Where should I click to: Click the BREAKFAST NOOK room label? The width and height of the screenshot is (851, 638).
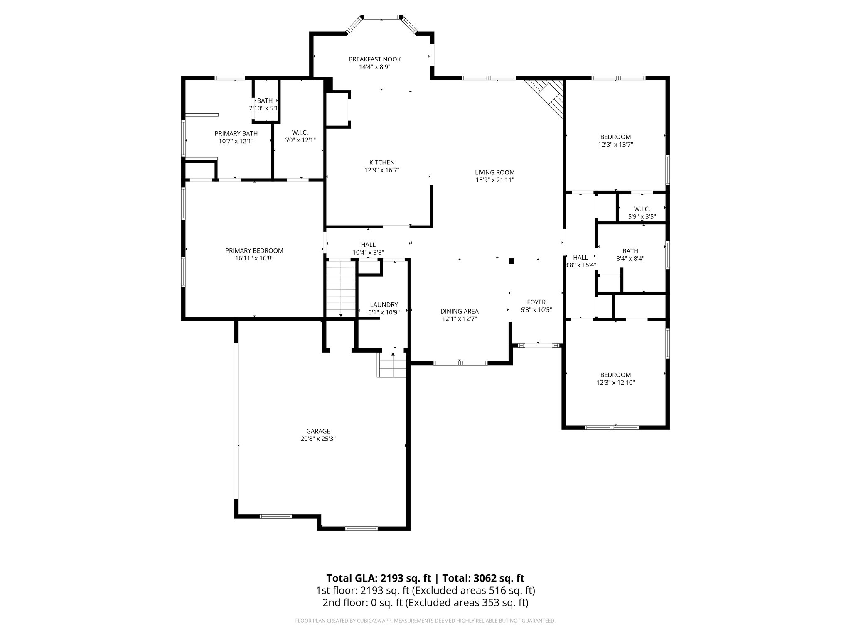click(374, 59)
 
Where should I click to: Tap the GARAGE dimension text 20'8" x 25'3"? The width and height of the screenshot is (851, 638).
click(318, 439)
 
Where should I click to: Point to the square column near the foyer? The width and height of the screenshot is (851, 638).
click(512, 261)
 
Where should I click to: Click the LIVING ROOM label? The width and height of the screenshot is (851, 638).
click(495, 172)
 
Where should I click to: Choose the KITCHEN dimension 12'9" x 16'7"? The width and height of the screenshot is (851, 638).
click(382, 170)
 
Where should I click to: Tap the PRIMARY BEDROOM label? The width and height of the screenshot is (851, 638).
click(254, 250)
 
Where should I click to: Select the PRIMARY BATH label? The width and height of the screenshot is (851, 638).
click(236, 133)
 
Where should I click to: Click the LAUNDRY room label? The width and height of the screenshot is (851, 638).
click(384, 304)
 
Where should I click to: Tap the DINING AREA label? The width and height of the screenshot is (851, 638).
click(460, 311)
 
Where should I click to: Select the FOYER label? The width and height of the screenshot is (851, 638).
click(536, 302)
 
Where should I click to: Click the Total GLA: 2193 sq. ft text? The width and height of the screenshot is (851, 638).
click(380, 578)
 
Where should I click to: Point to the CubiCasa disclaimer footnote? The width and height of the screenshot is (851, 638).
click(425, 621)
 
